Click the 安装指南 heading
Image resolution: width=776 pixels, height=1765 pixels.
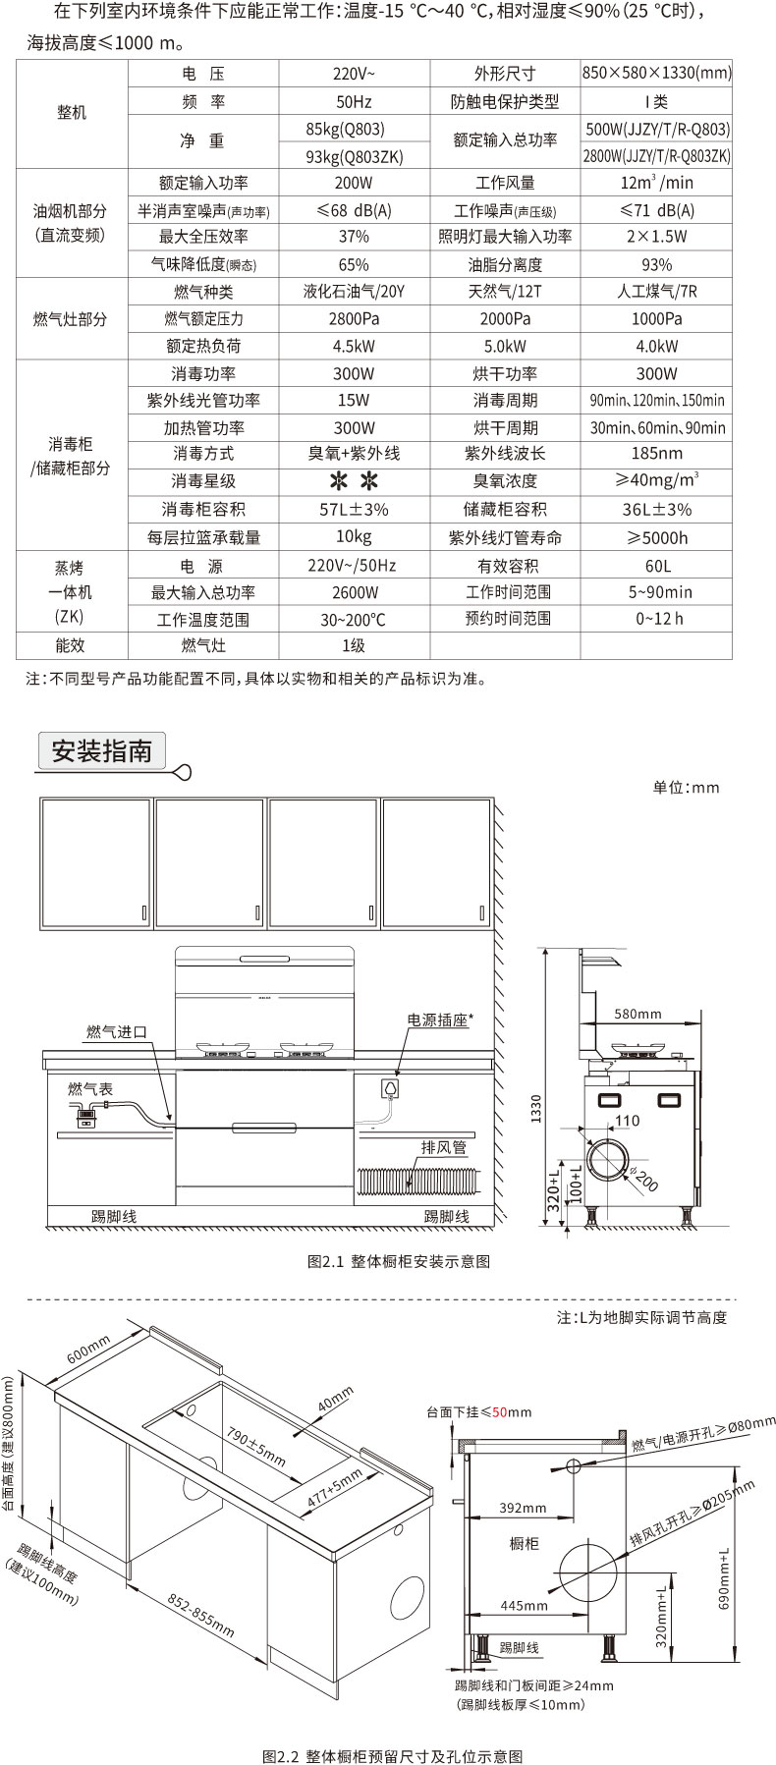(102, 751)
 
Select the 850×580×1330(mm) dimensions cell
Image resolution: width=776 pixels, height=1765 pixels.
(656, 74)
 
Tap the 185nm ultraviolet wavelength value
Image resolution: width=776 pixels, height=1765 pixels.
(656, 454)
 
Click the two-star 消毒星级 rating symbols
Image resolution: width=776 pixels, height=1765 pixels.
(354, 481)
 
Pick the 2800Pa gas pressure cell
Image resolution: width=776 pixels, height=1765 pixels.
(354, 319)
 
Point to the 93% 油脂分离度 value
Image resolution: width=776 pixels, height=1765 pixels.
(656, 264)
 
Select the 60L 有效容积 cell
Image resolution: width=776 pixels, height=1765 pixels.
(656, 566)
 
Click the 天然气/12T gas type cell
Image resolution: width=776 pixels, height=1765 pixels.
(505, 292)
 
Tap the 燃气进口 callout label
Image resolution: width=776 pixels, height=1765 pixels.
(117, 1031)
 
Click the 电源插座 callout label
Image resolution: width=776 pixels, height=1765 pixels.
(439, 1020)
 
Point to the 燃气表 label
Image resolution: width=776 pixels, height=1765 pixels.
(90, 1088)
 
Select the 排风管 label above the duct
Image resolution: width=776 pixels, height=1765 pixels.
(444, 1147)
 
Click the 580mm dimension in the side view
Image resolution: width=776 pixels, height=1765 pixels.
(637, 1014)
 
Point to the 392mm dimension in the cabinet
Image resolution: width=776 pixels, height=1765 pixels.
(523, 1508)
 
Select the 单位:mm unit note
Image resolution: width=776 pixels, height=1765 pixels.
(687, 787)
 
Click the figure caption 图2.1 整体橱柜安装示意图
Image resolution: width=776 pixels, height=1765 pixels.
(399, 1261)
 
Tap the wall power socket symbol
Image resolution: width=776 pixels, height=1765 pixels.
(389, 1088)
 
